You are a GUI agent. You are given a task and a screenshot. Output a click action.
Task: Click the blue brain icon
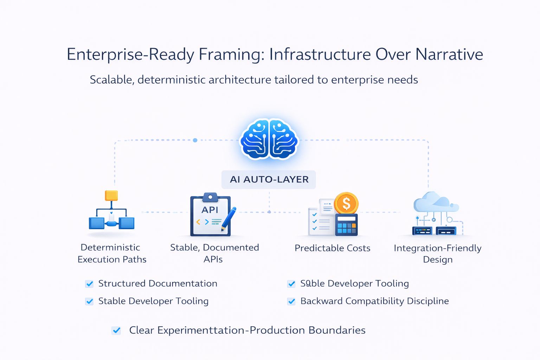pyautogui.click(x=269, y=139)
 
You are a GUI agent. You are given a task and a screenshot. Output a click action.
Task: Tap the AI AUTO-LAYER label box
pyautogui.click(x=269, y=180)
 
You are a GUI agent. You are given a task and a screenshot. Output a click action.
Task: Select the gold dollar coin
pyautogui.click(x=346, y=204)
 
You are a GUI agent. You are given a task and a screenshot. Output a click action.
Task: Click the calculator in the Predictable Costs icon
pyautogui.click(x=346, y=225)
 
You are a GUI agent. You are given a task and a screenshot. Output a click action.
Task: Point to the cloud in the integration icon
pyautogui.click(x=435, y=202)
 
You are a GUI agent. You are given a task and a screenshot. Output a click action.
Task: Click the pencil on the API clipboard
pyautogui.click(x=229, y=219)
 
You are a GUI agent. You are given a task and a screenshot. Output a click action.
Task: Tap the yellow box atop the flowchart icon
pyautogui.click(x=111, y=195)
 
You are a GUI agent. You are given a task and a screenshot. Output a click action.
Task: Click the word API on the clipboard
pyautogui.click(x=210, y=210)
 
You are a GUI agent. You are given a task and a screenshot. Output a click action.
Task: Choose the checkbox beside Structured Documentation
pyautogui.click(x=90, y=284)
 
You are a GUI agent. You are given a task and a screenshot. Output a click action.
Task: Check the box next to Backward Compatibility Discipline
pyautogui.click(x=291, y=301)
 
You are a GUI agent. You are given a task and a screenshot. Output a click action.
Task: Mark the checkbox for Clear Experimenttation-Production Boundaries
pyautogui.click(x=116, y=330)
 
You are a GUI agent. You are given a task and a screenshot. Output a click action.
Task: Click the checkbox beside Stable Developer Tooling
pyautogui.click(x=90, y=301)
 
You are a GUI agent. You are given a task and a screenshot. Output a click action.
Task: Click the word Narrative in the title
pyautogui.click(x=449, y=54)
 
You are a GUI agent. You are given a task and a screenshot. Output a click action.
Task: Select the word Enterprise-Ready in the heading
pyautogui.click(x=130, y=55)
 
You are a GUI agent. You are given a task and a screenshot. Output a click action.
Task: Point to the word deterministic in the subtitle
pyautogui.click(x=172, y=80)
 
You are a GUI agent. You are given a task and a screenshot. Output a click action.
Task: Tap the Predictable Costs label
pyautogui.click(x=332, y=248)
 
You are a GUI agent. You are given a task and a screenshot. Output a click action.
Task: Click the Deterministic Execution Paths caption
pyautogui.click(x=111, y=253)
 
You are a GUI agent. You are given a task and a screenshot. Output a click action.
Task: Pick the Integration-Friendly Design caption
pyautogui.click(x=437, y=254)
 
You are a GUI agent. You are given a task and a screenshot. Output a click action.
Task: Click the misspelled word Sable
pyautogui.click(x=312, y=284)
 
